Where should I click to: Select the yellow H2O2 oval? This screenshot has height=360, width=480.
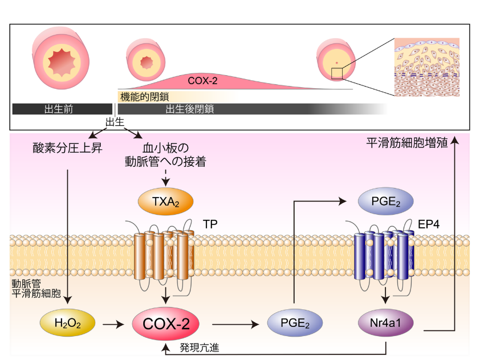tap(67, 324)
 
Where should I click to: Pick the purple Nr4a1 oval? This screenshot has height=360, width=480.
tap(386, 324)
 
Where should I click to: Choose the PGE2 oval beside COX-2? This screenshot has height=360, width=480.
tap(295, 324)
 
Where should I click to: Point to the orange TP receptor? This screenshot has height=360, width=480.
tap(164, 254)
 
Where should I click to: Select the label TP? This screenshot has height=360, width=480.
tap(211, 226)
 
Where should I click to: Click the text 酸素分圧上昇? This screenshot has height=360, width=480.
tap(67, 149)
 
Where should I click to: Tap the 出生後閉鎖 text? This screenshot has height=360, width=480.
tap(190, 109)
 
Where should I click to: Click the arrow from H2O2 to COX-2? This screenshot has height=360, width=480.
tap(112, 325)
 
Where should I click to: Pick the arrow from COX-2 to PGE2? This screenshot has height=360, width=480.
tap(234, 325)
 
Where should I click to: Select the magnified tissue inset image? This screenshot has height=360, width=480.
tap(427, 67)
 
